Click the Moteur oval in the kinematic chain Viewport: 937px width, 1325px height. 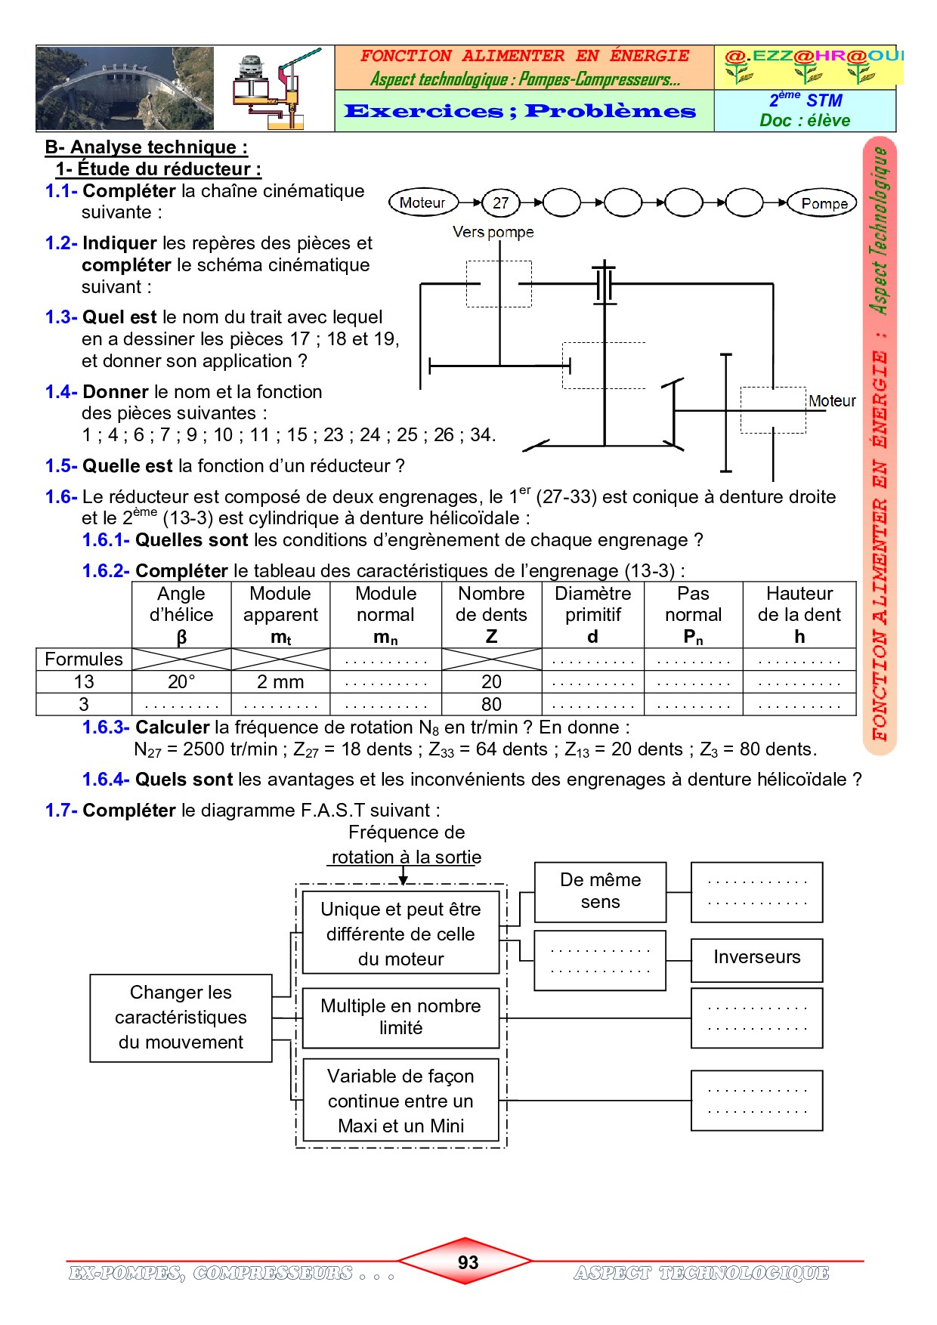click(x=423, y=202)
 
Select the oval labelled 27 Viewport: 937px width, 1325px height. click(x=500, y=202)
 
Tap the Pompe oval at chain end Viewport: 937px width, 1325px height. click(x=823, y=203)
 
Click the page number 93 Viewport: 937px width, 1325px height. click(x=468, y=1262)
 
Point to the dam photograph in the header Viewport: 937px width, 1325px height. click(x=125, y=88)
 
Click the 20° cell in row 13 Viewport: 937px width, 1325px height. click(x=181, y=682)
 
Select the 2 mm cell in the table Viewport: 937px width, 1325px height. click(x=280, y=682)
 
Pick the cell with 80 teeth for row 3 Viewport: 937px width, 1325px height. click(x=491, y=704)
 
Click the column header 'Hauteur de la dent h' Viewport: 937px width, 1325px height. click(x=799, y=615)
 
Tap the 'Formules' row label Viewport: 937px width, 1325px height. click(x=84, y=659)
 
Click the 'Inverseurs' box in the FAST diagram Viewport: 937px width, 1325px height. click(x=756, y=958)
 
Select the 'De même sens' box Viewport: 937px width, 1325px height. click(x=600, y=891)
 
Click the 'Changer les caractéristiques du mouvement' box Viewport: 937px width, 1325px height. click(x=181, y=1018)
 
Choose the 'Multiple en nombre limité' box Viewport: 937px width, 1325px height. click(x=400, y=1017)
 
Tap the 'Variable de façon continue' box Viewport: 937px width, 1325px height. click(x=400, y=1101)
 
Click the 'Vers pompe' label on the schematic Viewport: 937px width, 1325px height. click(x=493, y=232)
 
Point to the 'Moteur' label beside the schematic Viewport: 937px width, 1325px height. click(x=832, y=401)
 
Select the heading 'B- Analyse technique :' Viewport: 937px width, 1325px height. click(x=147, y=147)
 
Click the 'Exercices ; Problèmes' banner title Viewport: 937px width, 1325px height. click(x=520, y=112)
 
